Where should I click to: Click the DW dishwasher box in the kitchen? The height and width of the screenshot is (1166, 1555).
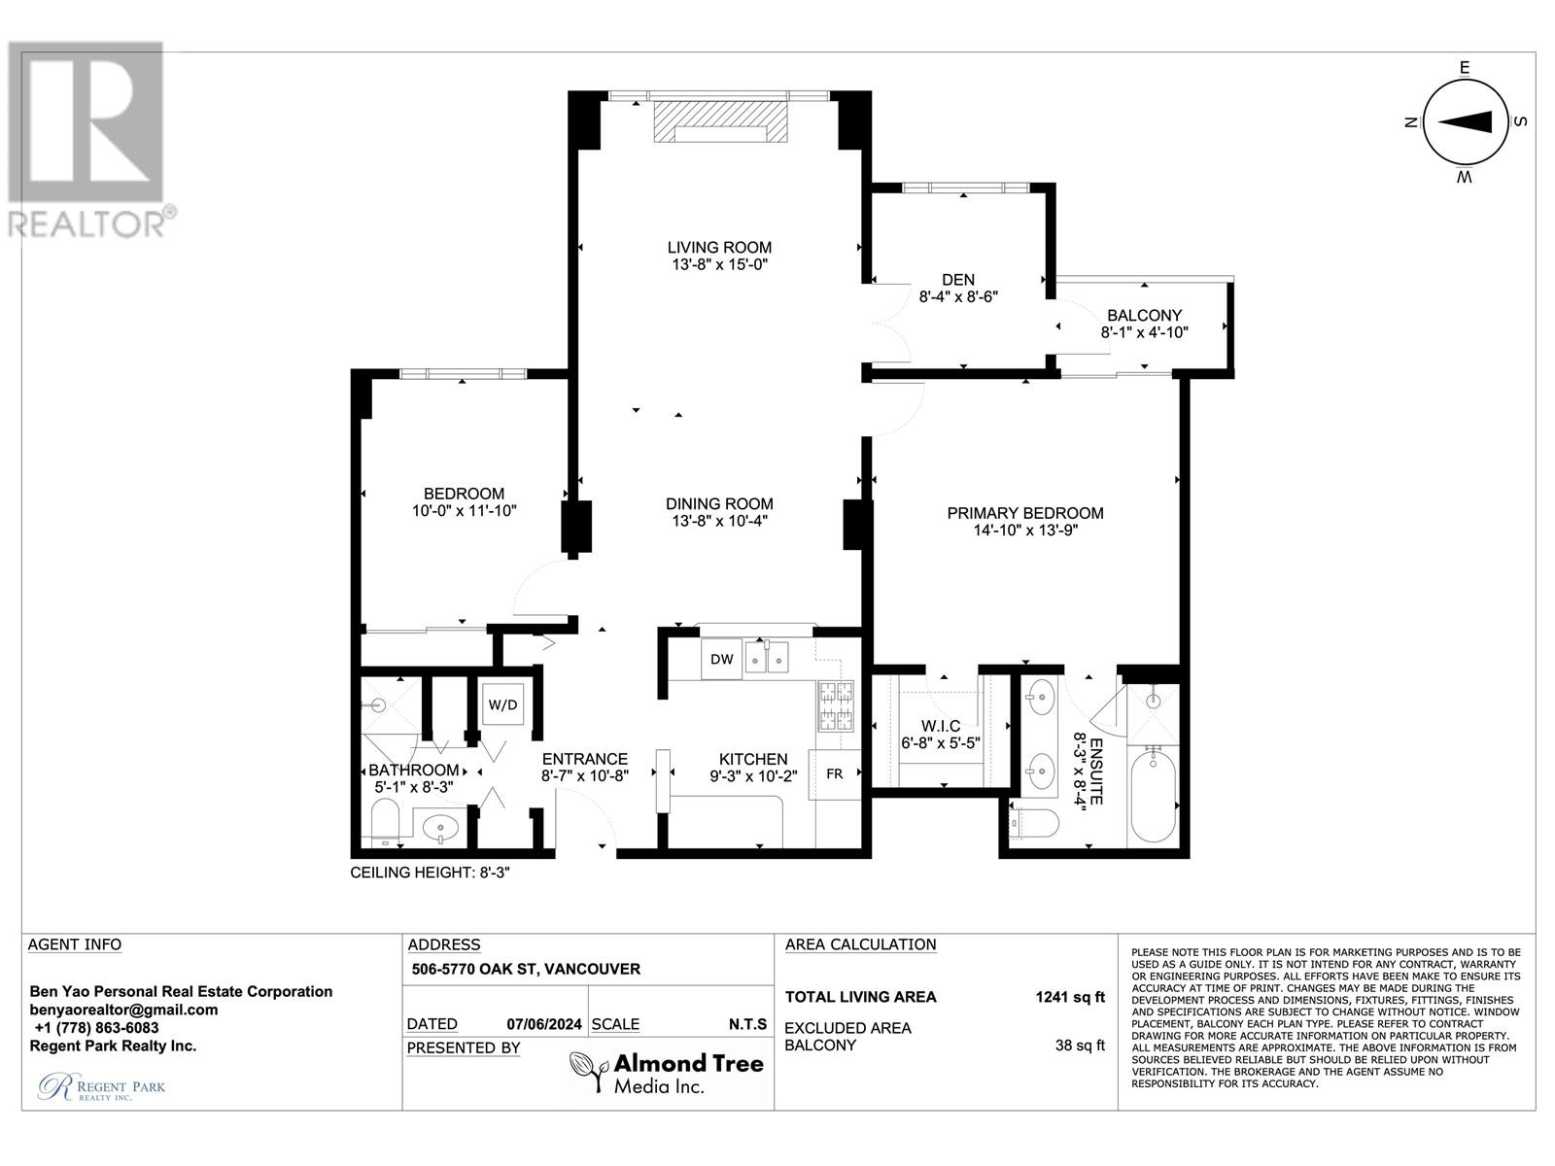pyautogui.click(x=721, y=659)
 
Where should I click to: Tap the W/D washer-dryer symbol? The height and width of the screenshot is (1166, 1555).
pyautogui.click(x=503, y=703)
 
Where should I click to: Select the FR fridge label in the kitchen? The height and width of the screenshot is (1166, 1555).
pyautogui.click(x=835, y=773)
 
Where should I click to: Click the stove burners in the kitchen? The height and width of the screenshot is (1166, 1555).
pyautogui.click(x=836, y=705)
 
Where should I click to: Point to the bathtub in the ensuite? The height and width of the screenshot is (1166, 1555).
pyautogui.click(x=1153, y=797)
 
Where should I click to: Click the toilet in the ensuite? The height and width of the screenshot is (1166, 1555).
pyautogui.click(x=1034, y=823)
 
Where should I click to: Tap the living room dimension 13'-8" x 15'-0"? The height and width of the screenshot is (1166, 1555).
pyautogui.click(x=720, y=264)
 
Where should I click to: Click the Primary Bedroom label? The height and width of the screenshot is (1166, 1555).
pyautogui.click(x=1025, y=513)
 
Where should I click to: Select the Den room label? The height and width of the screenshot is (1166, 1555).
pyautogui.click(x=958, y=280)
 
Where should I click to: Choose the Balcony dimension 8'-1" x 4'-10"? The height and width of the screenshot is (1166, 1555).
pyautogui.click(x=1144, y=332)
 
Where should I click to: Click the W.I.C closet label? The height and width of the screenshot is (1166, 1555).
pyautogui.click(x=941, y=726)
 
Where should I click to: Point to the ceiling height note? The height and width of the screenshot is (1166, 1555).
pyautogui.click(x=430, y=873)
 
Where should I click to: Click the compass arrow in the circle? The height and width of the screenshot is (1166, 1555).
pyautogui.click(x=1465, y=122)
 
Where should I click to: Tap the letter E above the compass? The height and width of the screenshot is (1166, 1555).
pyautogui.click(x=1465, y=67)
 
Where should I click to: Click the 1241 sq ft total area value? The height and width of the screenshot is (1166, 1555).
pyautogui.click(x=1070, y=997)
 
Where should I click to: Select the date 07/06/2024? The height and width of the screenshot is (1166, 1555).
pyautogui.click(x=544, y=1024)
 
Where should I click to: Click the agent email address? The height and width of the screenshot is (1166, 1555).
pyautogui.click(x=123, y=1010)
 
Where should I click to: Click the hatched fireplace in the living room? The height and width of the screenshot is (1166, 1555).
pyautogui.click(x=720, y=121)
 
